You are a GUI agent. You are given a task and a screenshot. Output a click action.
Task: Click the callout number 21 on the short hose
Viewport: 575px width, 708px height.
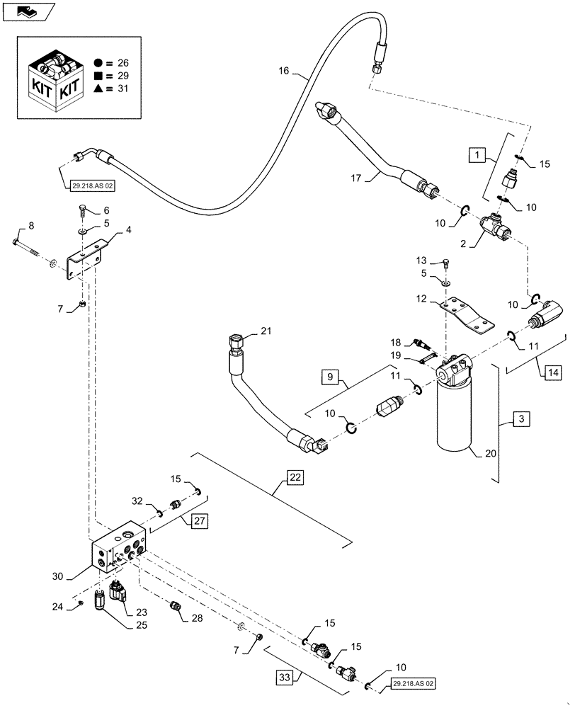(265, 331)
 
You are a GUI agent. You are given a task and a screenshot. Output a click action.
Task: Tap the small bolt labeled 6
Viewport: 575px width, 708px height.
(83, 211)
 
